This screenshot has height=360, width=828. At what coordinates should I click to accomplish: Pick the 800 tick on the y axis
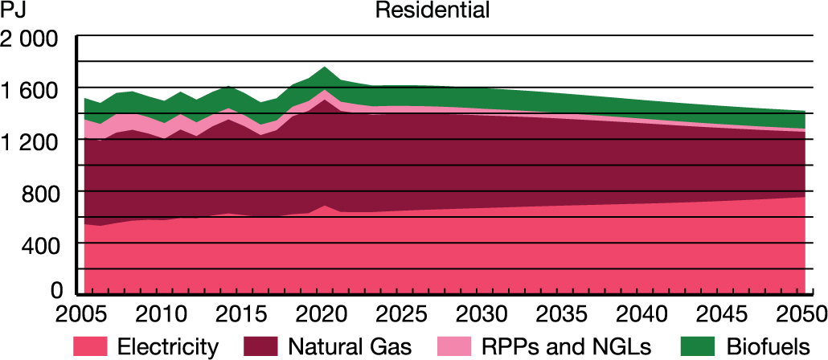pos(42,194)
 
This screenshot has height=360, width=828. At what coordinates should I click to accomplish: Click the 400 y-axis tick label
pos(42,246)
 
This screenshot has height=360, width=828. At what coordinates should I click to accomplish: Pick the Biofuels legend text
pos(765,347)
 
